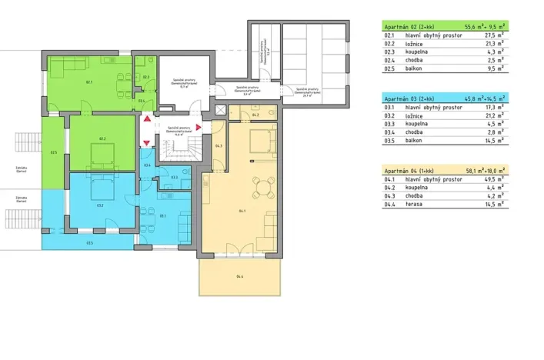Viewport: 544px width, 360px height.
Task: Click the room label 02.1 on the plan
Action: (89, 82)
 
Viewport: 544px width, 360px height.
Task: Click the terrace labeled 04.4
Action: (240, 276)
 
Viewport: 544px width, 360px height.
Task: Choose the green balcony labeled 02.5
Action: (53, 152)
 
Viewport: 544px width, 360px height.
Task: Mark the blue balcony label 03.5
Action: (90, 243)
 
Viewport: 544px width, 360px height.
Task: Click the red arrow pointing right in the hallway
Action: (199, 127)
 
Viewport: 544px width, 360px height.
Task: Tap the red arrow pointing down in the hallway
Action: (145, 142)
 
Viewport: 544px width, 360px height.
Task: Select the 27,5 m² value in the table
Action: (492, 35)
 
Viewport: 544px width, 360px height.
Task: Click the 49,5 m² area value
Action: (492, 178)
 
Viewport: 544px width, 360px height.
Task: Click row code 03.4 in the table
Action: (389, 132)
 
